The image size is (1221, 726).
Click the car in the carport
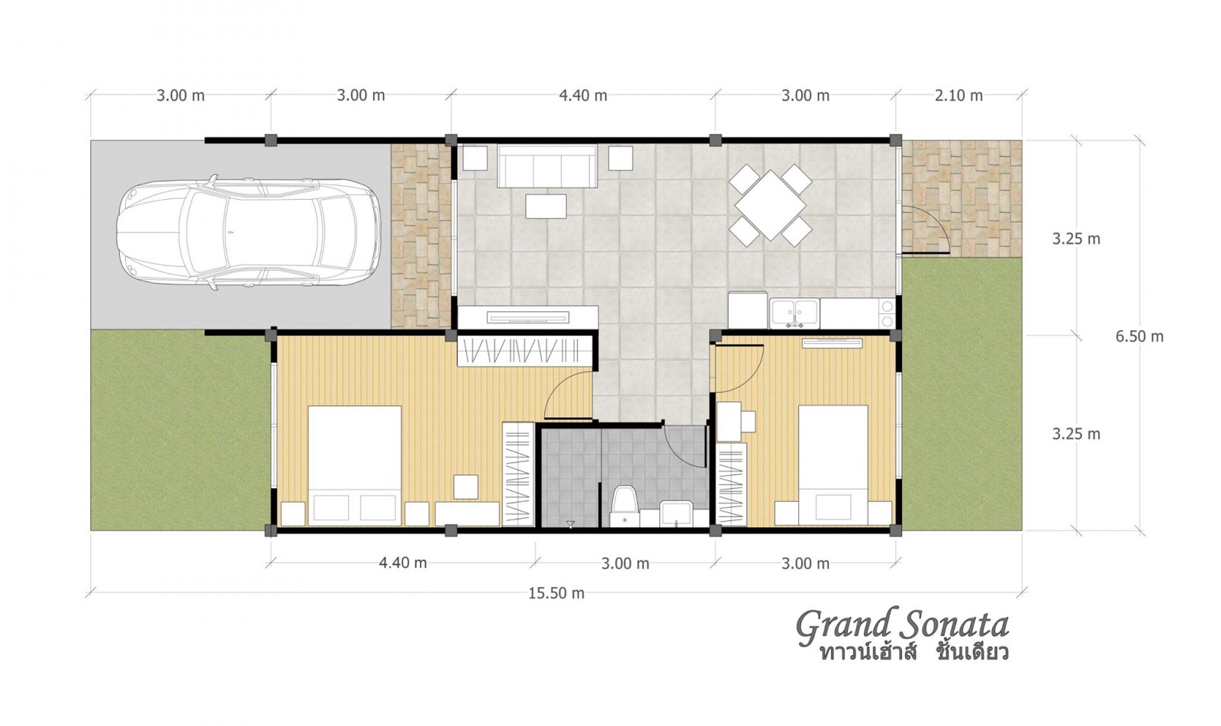click(248, 233)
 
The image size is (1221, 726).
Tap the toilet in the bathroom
click(625, 506)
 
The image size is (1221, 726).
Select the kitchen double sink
click(794, 313)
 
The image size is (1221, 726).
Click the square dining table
click(770, 205)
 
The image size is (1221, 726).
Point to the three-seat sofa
click(546, 165)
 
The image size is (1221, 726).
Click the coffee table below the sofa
click(546, 207)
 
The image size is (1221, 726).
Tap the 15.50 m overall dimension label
click(556, 593)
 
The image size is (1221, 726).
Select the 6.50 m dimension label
click(1139, 336)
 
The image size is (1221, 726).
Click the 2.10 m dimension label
click(958, 96)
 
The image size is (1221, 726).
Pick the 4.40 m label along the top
click(583, 96)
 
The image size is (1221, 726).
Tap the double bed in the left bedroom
click(355, 466)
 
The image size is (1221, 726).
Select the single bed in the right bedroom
click(833, 465)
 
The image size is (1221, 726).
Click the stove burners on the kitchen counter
click(886, 313)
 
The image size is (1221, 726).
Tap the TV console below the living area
click(527, 317)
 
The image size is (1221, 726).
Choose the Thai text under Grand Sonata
click(913, 653)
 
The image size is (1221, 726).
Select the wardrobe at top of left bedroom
click(525, 351)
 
